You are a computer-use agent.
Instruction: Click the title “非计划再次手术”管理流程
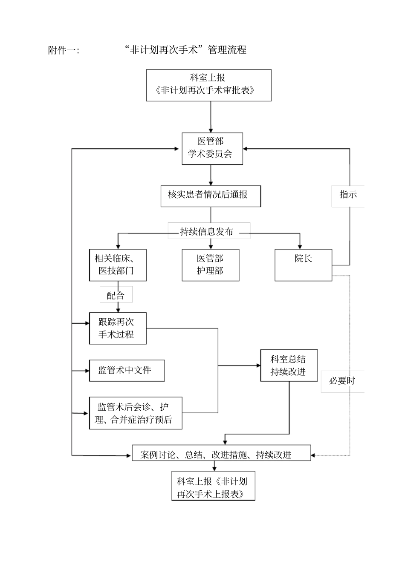pos(186,50)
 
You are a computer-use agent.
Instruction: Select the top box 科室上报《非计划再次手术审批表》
pos(208,85)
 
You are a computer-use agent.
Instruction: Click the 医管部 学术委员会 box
pos(212,148)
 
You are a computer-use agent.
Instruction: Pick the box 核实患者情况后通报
pos(211,196)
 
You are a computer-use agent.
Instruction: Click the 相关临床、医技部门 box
pos(118,265)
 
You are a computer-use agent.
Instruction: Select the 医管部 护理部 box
pos(211,265)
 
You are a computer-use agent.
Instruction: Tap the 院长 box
pos(303,265)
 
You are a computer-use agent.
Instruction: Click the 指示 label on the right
pos(348,195)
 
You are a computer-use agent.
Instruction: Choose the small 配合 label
pos(116,294)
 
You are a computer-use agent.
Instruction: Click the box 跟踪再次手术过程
pos(118,328)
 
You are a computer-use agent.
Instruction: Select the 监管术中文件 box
pos(127,370)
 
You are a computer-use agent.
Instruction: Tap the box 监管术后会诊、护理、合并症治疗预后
pos(135,413)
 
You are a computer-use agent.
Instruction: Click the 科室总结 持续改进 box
pos(289,365)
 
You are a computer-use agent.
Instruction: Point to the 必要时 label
pos(342,380)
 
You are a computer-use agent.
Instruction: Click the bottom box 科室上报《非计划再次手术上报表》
pos(213,486)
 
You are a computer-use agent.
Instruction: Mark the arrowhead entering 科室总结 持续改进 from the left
pos(258,366)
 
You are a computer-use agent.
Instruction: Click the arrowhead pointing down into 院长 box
pos(300,246)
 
